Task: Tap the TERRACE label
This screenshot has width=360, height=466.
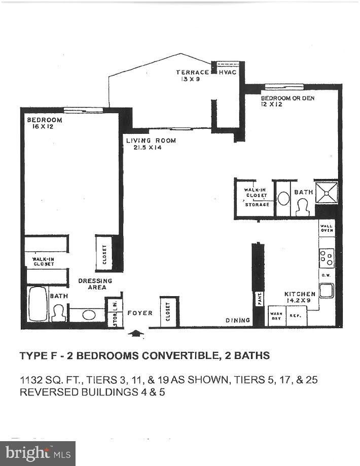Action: pos(192,73)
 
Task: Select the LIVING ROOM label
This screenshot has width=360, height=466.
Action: pos(151,140)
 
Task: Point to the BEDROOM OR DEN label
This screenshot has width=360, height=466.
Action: pos(287,98)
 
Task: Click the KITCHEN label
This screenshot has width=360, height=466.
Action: pos(300,294)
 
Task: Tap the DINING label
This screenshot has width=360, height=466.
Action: pos(238,320)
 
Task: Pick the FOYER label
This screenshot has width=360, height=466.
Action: pos(140,313)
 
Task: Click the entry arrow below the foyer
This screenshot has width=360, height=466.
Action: pos(137,334)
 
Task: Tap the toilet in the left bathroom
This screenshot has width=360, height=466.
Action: pos(59,312)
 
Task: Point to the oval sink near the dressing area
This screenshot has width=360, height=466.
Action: pos(89,315)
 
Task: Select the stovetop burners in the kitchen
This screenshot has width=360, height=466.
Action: pos(327,258)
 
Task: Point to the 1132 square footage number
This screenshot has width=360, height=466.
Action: pos(31,379)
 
